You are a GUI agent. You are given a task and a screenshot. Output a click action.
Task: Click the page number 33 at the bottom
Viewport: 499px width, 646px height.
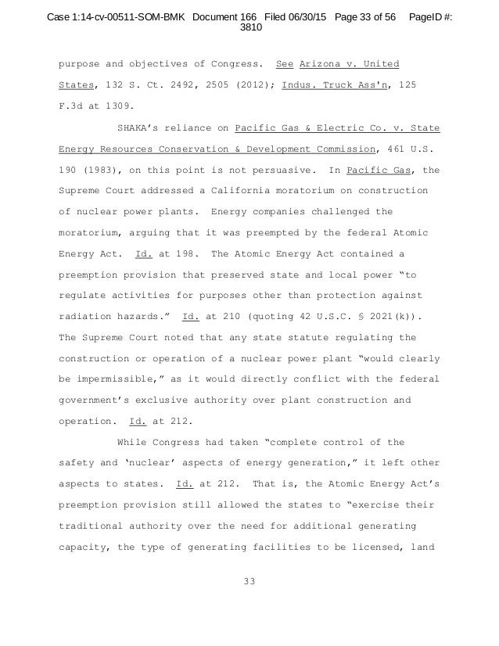[249, 581]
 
